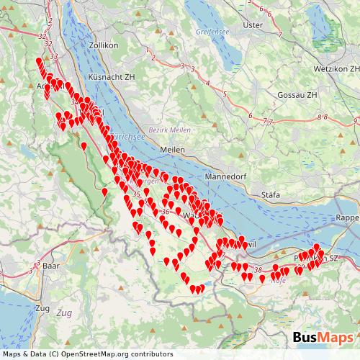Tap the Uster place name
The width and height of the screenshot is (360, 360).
[x=253, y=24]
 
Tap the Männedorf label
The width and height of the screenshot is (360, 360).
[x=225, y=175]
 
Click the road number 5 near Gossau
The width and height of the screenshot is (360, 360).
[x=225, y=94]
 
